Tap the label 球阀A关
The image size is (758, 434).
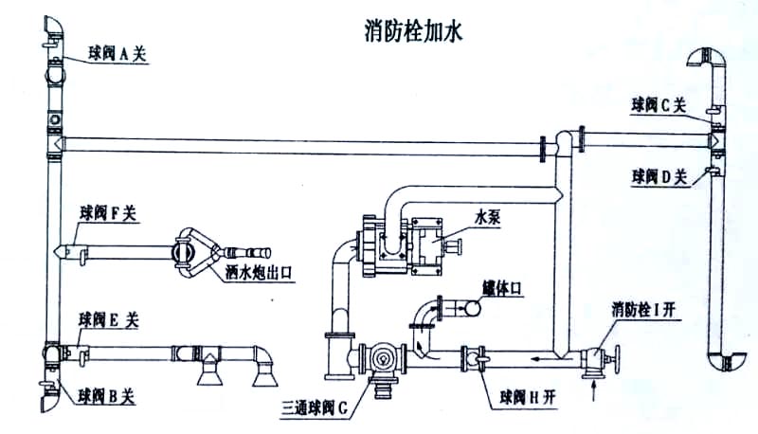point(119,55)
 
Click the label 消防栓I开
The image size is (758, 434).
point(646,309)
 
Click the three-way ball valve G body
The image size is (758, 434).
point(383,358)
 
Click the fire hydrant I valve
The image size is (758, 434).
point(595,360)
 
